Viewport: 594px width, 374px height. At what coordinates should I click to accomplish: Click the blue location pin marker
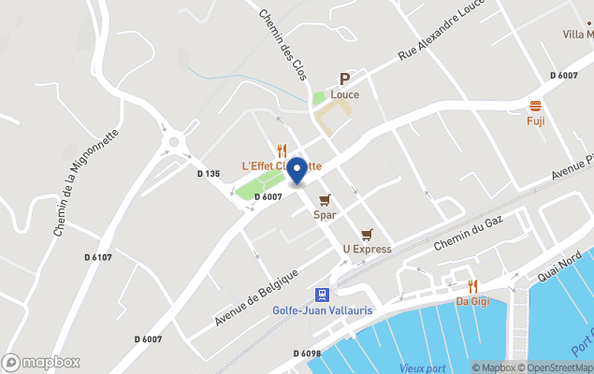(297, 171)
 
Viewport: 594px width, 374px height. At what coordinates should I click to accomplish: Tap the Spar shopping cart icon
(325, 200)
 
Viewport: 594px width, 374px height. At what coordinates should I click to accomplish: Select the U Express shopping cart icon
(367, 235)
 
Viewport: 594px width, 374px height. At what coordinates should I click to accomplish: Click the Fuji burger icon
(536, 105)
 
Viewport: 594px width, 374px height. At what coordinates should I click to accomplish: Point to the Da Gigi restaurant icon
(473, 286)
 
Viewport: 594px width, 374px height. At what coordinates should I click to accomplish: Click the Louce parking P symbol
(344, 79)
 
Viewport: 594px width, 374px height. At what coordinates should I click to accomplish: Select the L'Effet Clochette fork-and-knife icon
(282, 150)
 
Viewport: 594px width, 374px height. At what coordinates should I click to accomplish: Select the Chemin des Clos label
(283, 45)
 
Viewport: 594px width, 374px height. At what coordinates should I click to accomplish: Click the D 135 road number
(209, 173)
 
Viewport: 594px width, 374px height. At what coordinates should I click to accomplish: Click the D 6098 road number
(306, 353)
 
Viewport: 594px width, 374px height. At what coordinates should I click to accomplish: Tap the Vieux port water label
(423, 367)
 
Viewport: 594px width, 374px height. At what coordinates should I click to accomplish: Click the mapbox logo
(41, 362)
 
